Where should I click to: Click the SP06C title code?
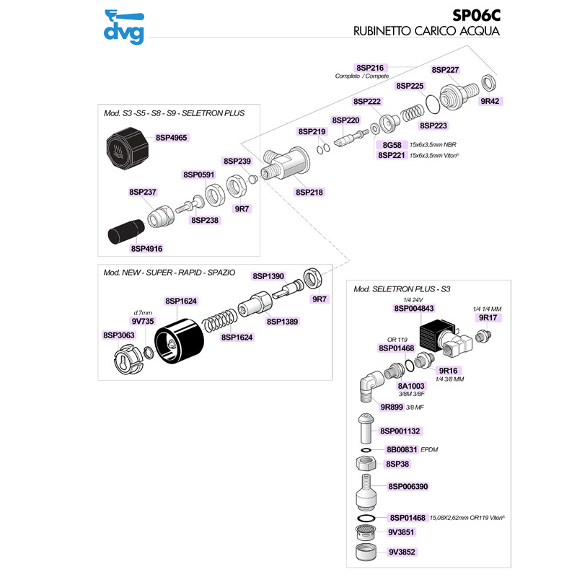point(477,14)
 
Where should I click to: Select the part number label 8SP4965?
point(172,137)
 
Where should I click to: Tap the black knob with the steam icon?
point(128,147)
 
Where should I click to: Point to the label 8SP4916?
point(147,248)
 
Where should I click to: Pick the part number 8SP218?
point(309,193)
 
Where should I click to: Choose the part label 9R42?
point(490,102)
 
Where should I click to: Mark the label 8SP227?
point(445,70)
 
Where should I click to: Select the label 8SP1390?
point(268,276)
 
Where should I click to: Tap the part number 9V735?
point(143,321)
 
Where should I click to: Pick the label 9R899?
point(390,408)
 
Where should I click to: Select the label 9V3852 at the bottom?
point(403,552)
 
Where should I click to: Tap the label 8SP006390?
point(408,487)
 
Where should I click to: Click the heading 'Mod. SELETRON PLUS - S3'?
point(402,289)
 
